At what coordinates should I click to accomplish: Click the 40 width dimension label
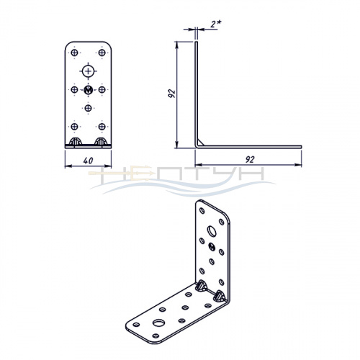coord(88,161)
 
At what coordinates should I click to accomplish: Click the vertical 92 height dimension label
coord(172,94)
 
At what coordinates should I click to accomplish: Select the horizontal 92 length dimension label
coord(250,159)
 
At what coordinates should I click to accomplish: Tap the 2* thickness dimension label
coord(216,24)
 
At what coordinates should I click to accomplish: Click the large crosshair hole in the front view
coord(89,71)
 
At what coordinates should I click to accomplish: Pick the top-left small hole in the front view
coord(74,53)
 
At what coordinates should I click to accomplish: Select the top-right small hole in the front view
coord(102,53)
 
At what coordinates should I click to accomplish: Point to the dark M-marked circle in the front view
coord(89,90)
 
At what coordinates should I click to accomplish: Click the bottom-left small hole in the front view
coord(74,126)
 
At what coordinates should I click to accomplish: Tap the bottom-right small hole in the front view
coord(102,126)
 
